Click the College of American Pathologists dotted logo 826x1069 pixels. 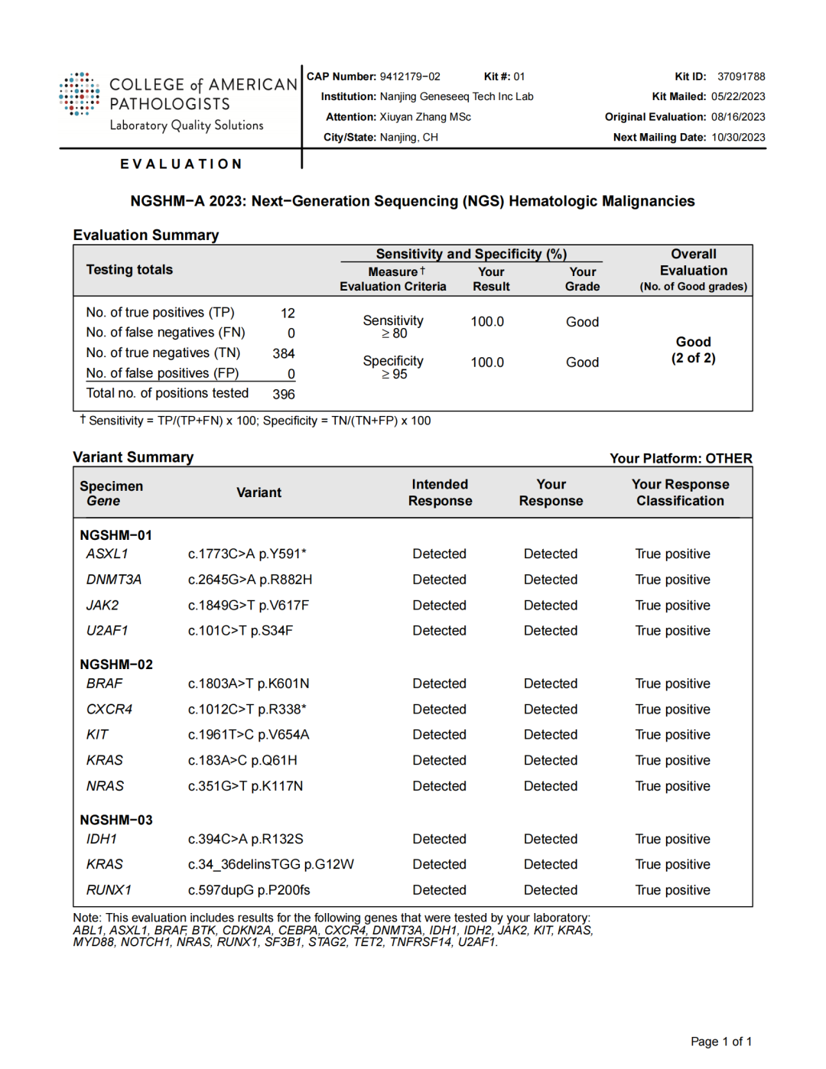click(80, 94)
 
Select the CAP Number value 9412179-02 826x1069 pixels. click(410, 76)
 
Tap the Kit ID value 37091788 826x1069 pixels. click(741, 76)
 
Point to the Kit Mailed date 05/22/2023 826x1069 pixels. click(738, 96)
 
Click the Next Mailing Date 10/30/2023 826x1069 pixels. click(738, 138)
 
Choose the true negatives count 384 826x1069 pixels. click(284, 354)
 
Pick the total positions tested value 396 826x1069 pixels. click(284, 395)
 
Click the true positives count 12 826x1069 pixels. click(288, 314)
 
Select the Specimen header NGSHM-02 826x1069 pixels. click(116, 664)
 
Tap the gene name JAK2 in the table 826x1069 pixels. click(102, 606)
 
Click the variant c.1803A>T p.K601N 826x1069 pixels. click(249, 684)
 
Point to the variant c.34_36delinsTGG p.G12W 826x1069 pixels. click(271, 865)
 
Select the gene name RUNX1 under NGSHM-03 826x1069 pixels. click(109, 890)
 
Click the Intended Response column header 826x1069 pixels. click(440, 492)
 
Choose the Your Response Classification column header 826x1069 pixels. click(680, 492)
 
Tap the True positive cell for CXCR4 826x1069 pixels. click(672, 710)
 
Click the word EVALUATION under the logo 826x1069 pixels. click(181, 164)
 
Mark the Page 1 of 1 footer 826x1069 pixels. click(720, 1041)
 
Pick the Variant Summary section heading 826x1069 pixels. click(133, 457)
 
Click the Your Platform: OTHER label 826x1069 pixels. click(681, 459)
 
